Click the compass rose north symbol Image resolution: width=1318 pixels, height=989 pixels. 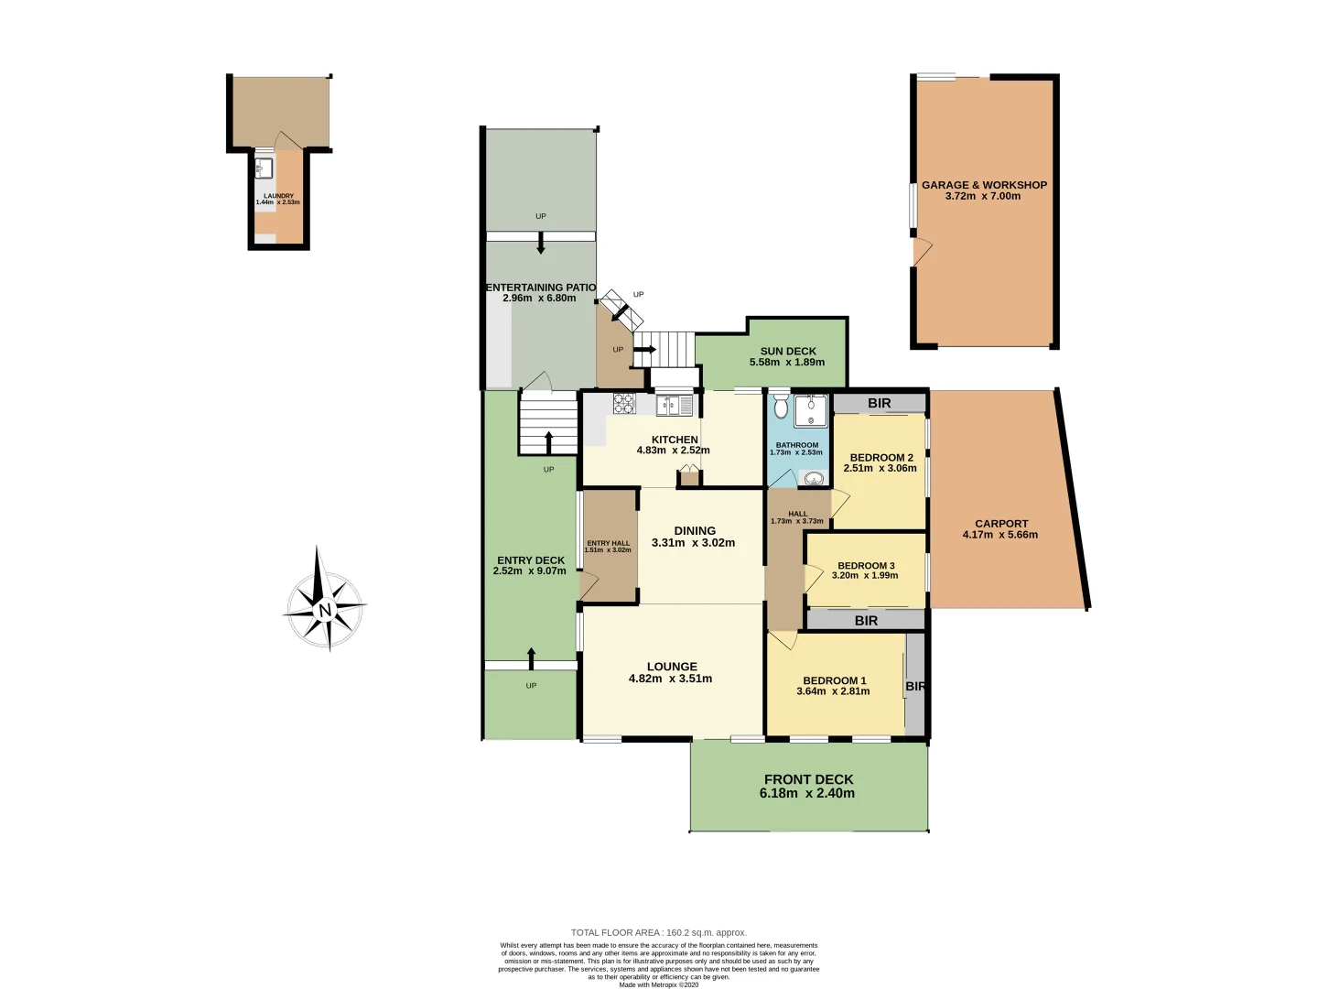325,610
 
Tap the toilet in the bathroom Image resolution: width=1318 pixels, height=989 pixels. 781,407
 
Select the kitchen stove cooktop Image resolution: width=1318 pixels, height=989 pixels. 624,403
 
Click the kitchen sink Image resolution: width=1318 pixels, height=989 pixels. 676,403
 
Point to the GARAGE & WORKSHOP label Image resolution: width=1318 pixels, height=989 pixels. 984,185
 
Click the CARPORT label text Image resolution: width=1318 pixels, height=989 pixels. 1001,524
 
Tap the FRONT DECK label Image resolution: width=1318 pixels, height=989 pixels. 808,779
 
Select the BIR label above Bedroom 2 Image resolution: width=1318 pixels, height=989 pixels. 879,403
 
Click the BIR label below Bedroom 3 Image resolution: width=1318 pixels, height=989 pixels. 866,621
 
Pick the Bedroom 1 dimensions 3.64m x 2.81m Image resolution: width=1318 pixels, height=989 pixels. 833,691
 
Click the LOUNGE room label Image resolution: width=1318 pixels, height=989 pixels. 672,667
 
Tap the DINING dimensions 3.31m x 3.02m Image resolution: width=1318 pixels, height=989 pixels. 693,543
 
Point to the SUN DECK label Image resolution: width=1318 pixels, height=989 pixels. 788,351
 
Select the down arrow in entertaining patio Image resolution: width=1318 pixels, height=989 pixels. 541,244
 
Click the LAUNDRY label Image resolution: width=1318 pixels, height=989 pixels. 278,196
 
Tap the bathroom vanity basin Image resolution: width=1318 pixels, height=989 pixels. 814,478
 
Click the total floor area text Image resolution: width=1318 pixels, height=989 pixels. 659,932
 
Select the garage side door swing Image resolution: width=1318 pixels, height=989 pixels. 923,249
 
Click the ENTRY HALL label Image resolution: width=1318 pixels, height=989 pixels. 608,543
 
